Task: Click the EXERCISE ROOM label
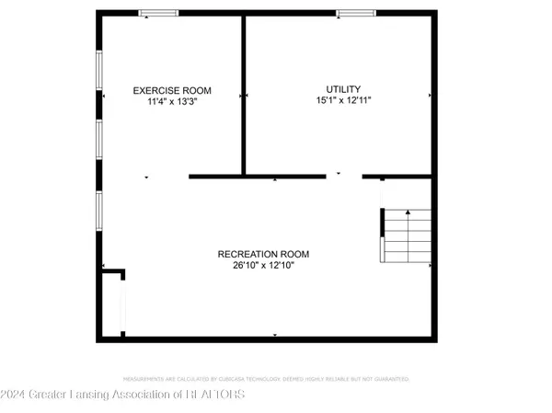click(172, 90)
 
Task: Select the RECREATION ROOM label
click(263, 254)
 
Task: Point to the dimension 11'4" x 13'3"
click(172, 102)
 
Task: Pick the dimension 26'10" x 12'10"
click(263, 266)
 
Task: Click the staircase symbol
click(406, 235)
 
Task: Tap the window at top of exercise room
click(159, 13)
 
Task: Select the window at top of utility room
click(355, 13)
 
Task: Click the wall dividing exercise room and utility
click(244, 92)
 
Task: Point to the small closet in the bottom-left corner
click(113, 304)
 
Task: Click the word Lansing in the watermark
click(97, 395)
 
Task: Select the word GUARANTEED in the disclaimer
click(389, 379)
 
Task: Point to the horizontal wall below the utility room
click(257, 176)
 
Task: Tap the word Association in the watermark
click(157, 395)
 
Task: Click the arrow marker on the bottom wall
click(274, 335)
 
